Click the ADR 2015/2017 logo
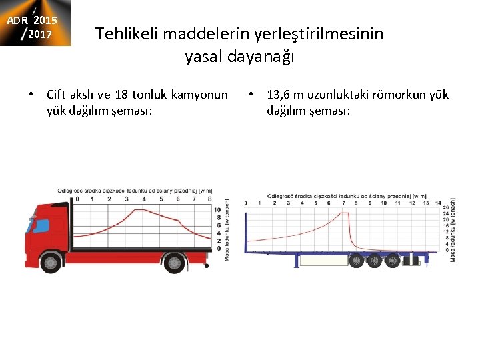click(x=36, y=23)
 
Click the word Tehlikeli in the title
click(x=128, y=33)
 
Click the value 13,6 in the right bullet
click(x=279, y=95)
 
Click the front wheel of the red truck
click(x=51, y=263)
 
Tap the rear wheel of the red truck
click(x=174, y=263)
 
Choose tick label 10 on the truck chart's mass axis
click(x=217, y=209)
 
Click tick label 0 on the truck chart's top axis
click(x=77, y=199)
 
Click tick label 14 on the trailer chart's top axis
click(x=437, y=203)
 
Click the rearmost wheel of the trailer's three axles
click(x=394, y=260)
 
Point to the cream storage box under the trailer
click(x=323, y=260)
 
